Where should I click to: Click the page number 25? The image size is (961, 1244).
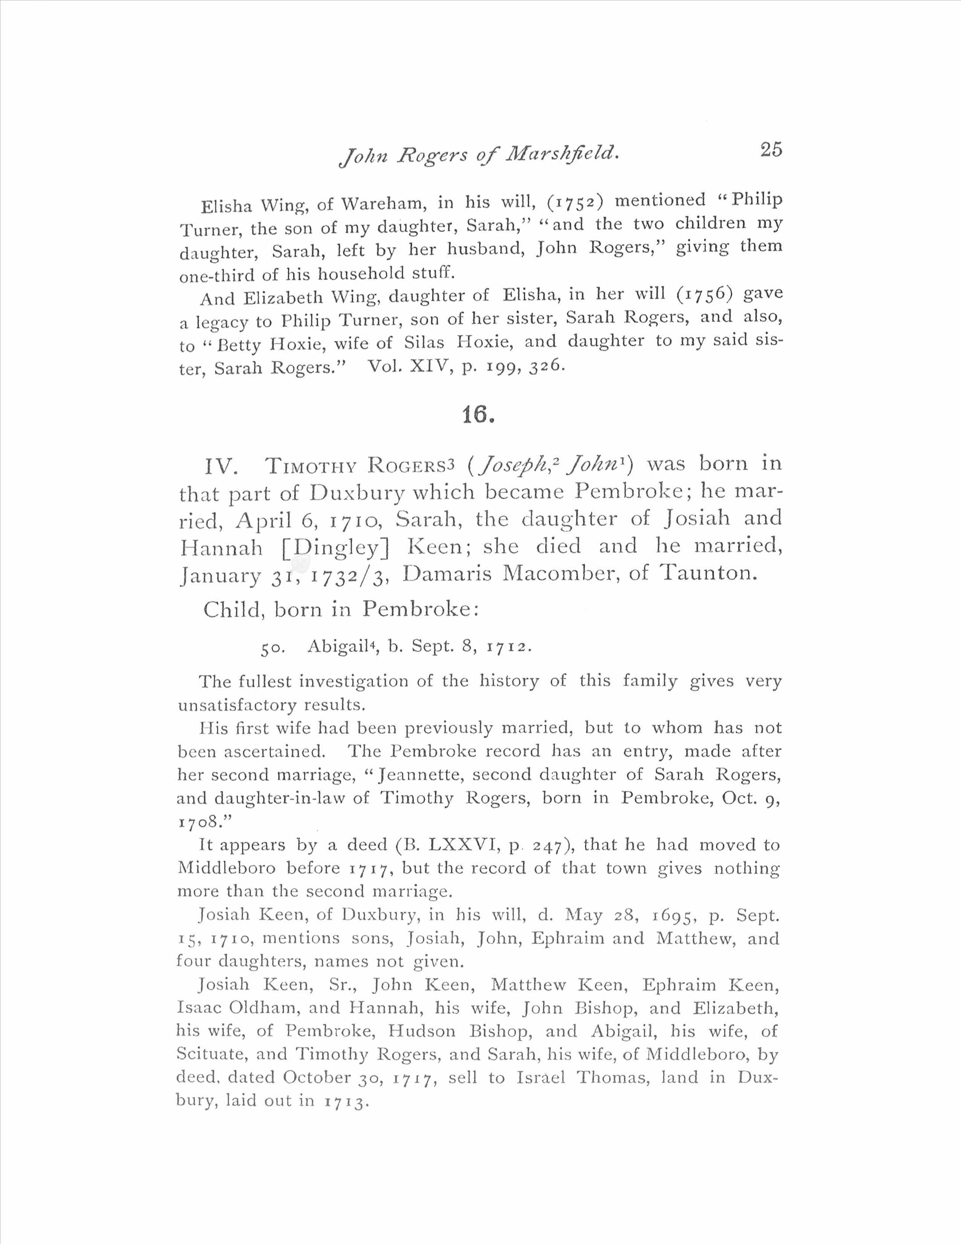pos(771,149)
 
